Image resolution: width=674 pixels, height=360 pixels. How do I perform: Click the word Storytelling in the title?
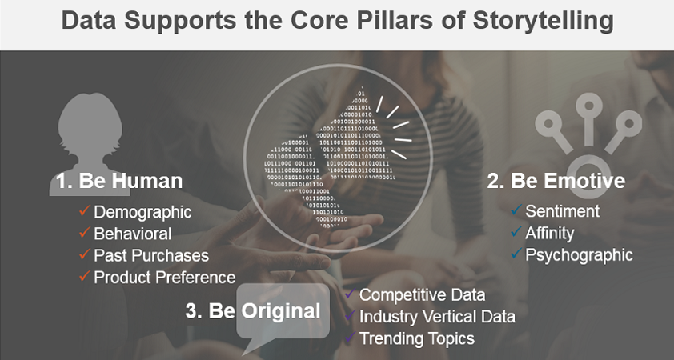[544, 21]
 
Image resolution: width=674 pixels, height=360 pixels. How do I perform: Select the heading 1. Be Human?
[119, 181]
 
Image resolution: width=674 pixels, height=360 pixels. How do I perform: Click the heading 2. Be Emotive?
[556, 181]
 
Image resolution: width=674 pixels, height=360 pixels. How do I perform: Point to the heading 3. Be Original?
[253, 311]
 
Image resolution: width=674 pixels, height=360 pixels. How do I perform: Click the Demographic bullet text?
[142, 212]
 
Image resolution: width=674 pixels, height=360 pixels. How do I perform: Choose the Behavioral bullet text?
[133, 234]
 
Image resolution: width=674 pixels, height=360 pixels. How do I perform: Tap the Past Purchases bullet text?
[151, 256]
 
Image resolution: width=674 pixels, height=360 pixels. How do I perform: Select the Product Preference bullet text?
[165, 278]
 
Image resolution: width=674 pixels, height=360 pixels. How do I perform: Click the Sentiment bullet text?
[562, 211]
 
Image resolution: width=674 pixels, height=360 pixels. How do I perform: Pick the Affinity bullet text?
[550, 234]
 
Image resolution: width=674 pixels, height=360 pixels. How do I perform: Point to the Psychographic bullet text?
[579, 255]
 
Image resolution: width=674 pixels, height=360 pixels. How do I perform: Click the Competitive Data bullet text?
[422, 295]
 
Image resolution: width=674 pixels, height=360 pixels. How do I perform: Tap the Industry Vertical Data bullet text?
[437, 317]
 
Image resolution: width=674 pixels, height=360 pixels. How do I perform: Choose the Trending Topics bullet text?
[417, 339]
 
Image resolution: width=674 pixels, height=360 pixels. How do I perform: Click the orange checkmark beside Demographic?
[85, 210]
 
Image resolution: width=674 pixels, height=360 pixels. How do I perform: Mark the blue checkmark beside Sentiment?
[516, 210]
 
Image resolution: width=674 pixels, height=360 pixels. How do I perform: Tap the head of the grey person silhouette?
[90, 125]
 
